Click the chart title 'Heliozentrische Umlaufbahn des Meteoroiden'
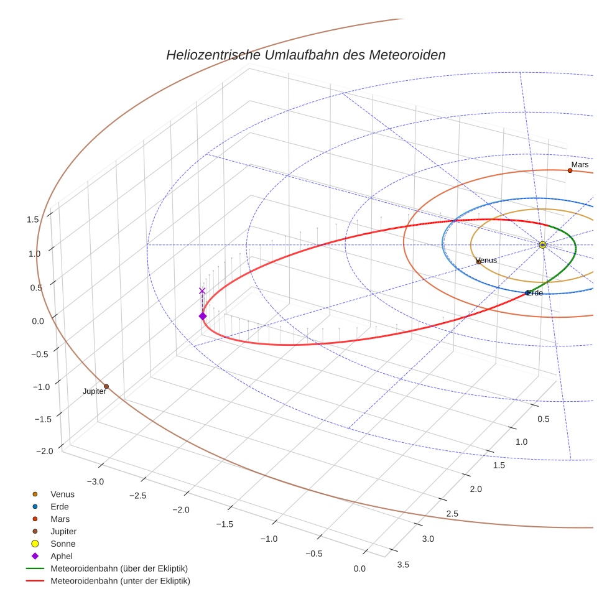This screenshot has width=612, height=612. click(x=305, y=55)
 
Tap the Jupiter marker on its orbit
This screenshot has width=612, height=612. click(x=106, y=386)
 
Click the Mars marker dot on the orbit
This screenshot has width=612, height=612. click(x=570, y=170)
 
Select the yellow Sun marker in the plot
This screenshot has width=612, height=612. click(x=542, y=245)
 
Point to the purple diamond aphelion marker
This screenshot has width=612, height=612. click(x=203, y=316)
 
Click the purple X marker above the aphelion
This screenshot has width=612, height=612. click(x=202, y=290)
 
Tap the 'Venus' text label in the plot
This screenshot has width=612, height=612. click(x=486, y=260)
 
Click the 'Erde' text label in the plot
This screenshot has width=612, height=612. click(x=535, y=292)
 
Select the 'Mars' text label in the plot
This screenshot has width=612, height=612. click(x=580, y=164)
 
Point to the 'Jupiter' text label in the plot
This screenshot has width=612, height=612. click(x=95, y=391)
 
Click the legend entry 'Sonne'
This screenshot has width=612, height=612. click(x=63, y=544)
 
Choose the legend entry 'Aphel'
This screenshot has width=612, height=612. click(x=62, y=556)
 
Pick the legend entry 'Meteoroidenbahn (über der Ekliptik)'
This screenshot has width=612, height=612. click(x=119, y=568)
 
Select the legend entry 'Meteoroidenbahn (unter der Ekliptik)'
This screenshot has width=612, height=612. click(x=120, y=581)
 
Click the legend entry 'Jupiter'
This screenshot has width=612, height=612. click(x=63, y=531)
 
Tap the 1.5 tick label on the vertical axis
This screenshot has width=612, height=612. click(x=33, y=219)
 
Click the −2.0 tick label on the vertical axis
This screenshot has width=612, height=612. click(x=29, y=451)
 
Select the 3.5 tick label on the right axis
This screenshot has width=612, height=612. click(x=403, y=564)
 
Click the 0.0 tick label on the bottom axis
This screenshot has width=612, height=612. click(x=359, y=568)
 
